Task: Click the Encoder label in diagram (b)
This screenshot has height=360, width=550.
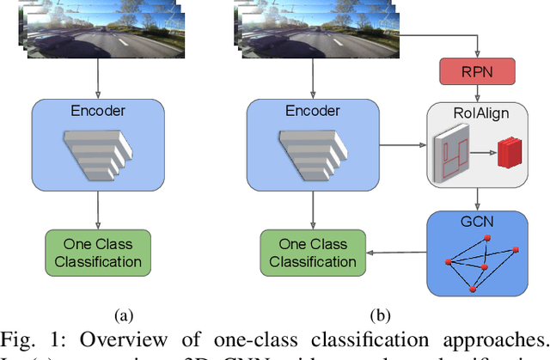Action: click(x=314, y=111)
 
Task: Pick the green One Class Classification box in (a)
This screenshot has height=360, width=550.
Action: click(x=98, y=252)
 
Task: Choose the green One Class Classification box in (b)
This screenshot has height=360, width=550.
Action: click(x=314, y=252)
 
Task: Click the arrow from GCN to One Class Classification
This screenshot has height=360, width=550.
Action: click(x=397, y=252)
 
